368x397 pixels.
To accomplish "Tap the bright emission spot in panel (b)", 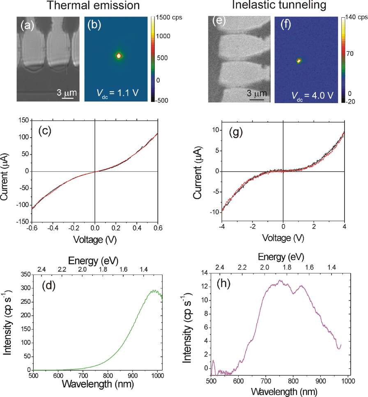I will tap(119, 55).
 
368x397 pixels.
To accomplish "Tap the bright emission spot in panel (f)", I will tap(299, 60).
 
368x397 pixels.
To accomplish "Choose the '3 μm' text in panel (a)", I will tap(65, 91).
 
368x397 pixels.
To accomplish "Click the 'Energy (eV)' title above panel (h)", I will tap(281, 257).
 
